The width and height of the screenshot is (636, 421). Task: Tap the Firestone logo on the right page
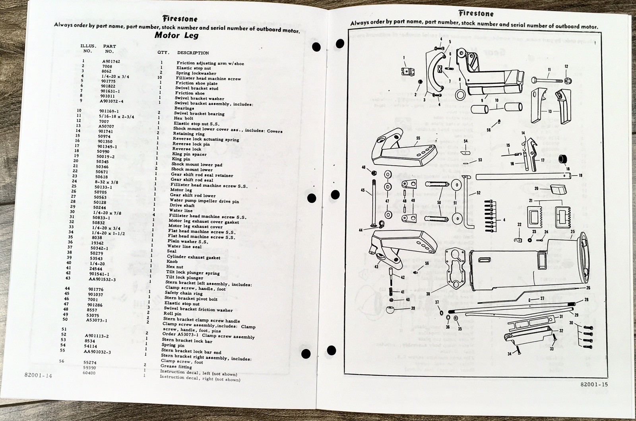point(476,14)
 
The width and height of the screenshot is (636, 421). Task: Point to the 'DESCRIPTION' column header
point(193,52)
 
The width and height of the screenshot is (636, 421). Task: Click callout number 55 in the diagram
point(418,138)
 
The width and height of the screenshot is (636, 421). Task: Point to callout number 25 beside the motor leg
point(572,231)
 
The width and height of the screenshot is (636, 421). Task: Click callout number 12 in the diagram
point(566,67)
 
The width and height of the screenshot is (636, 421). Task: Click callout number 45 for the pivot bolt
point(362,190)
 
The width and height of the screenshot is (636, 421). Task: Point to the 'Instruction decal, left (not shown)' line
point(198,374)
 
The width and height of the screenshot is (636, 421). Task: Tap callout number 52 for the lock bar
point(478,193)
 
